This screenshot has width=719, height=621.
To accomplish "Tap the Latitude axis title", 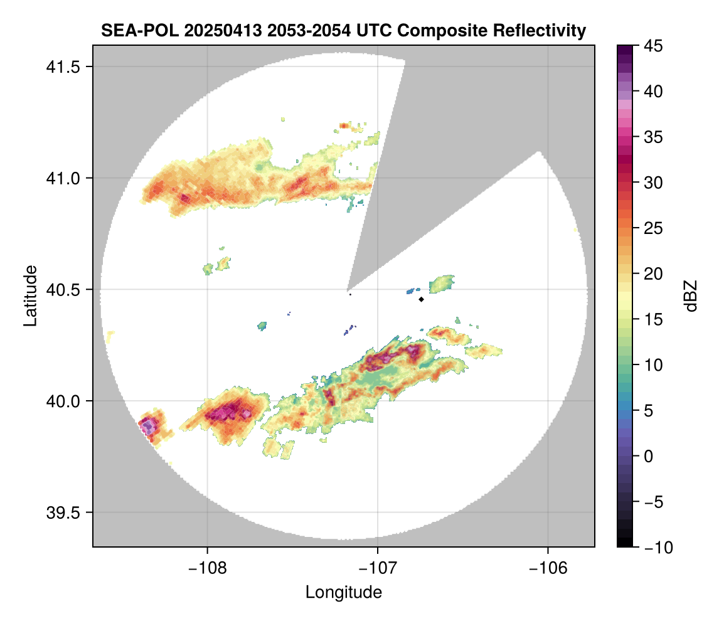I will tap(30, 295).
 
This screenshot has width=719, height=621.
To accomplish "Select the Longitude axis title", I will tap(343, 592).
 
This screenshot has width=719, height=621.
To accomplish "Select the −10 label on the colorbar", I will tap(656, 548).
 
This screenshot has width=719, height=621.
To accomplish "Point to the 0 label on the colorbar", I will tap(648, 456).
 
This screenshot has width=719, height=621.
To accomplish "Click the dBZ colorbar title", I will tap(691, 295).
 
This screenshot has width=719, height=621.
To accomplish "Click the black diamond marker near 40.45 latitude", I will tap(422, 299).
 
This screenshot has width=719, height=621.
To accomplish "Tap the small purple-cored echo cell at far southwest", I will tap(149, 427).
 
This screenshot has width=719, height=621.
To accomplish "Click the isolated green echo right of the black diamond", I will tap(442, 284).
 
